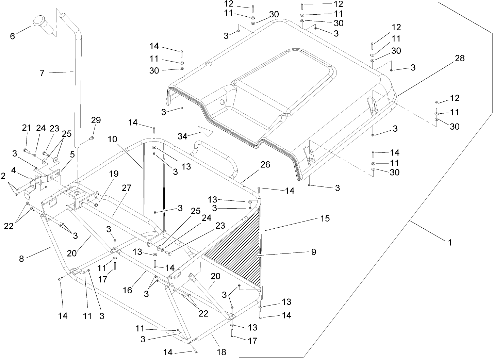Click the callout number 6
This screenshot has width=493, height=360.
(x=12, y=36)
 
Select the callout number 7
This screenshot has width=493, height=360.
(x=42, y=73)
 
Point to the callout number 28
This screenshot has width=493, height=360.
(x=459, y=58)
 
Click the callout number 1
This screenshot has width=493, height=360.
(x=449, y=242)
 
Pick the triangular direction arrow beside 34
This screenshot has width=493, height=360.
(x=205, y=131)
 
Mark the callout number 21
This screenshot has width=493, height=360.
(x=27, y=128)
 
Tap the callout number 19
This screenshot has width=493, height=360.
(x=113, y=174)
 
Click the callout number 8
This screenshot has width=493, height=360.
(x=21, y=258)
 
